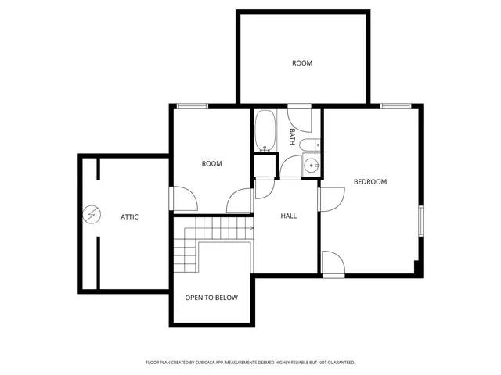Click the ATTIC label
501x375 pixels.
point(129,216)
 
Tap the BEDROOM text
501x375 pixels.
point(370,182)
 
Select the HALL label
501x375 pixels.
point(289,216)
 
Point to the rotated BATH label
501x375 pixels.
point(292,137)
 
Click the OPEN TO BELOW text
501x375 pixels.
point(211,298)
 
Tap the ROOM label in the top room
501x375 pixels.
point(302,63)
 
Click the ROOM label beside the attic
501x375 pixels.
point(211,164)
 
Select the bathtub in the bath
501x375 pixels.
point(264,130)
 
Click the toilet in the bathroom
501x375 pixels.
point(312,143)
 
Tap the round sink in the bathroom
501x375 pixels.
point(311,165)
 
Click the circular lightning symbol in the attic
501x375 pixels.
point(92,213)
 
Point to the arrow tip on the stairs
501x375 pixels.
point(252,228)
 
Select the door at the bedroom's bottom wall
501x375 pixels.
point(333,263)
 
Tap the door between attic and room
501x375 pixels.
point(183,198)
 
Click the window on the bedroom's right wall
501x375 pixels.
point(420,220)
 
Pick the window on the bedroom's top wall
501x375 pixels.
point(395,105)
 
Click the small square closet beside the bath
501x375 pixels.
point(265,166)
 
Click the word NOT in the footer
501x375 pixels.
point(316,362)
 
